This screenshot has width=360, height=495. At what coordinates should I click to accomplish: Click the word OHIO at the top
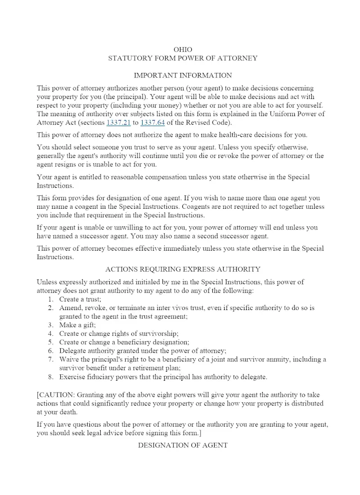point(183,49)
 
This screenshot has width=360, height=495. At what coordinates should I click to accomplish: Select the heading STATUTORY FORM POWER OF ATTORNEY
point(183,58)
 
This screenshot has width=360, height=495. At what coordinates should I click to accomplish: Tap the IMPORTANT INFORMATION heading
point(183,75)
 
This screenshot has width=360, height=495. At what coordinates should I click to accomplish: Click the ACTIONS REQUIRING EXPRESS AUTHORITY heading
point(183,269)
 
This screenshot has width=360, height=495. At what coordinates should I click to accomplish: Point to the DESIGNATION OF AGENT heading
point(183,445)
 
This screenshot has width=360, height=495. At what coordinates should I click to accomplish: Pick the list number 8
point(51,377)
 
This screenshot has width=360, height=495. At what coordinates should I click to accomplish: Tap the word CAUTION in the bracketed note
point(56,395)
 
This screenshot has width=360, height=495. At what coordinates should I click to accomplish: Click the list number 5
point(51,342)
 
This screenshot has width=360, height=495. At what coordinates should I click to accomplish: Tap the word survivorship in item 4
point(159,333)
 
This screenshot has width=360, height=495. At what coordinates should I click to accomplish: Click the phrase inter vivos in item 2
point(152,308)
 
